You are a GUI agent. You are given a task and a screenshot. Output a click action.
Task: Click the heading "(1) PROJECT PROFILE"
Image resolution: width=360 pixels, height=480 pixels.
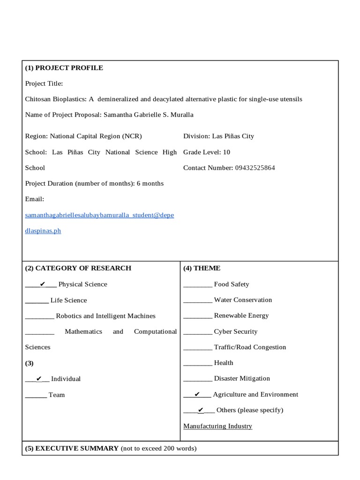(64, 68)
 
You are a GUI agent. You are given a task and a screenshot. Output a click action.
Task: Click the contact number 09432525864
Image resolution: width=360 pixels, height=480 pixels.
(255, 168)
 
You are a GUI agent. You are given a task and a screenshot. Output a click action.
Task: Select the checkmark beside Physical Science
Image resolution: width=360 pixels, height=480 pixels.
(43, 284)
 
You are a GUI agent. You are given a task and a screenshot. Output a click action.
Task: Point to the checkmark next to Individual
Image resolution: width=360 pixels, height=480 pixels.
(39, 379)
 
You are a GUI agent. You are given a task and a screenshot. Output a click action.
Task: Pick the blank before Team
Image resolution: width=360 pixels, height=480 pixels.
(36, 396)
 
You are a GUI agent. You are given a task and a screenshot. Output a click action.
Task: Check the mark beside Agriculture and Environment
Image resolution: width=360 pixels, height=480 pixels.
(197, 395)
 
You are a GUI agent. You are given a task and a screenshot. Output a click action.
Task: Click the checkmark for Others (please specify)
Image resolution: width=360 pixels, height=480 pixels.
(201, 410)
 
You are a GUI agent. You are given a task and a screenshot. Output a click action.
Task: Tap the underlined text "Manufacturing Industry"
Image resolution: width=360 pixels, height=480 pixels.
(217, 426)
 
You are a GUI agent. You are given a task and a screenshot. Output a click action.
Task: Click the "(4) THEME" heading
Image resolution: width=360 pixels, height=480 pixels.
(202, 268)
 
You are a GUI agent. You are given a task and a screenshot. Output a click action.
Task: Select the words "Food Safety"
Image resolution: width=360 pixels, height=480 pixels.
(232, 284)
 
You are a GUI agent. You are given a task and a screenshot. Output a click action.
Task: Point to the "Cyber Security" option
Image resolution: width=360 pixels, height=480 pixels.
(236, 331)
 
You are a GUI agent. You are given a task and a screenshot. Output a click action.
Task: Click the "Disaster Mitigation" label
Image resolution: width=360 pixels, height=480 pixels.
(242, 378)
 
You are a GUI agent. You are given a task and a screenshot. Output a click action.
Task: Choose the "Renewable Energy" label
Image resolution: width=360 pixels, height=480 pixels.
(241, 315)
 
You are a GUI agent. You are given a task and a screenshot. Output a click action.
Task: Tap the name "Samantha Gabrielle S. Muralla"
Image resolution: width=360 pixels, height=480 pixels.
(148, 115)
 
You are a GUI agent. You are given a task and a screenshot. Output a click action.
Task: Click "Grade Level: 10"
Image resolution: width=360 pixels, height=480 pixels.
(207, 152)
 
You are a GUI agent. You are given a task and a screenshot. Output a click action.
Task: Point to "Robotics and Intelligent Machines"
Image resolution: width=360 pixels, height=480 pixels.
(105, 316)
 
